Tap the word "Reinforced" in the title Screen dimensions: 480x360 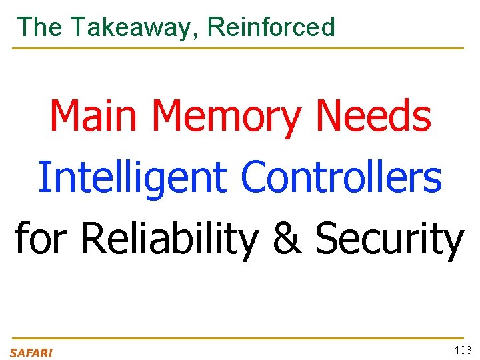pos(271,27)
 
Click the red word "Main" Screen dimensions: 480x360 pos(95,115)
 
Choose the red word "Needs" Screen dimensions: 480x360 pos(373,115)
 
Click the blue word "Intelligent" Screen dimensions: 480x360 pos(132,178)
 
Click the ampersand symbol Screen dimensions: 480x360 pos(287,239)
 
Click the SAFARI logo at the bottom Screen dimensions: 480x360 pos(31,353)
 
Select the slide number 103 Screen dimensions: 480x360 pos(463,350)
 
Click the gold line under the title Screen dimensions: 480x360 pos(237,48)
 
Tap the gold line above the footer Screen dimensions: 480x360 pos(237,339)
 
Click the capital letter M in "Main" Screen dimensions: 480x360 pos(64,115)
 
